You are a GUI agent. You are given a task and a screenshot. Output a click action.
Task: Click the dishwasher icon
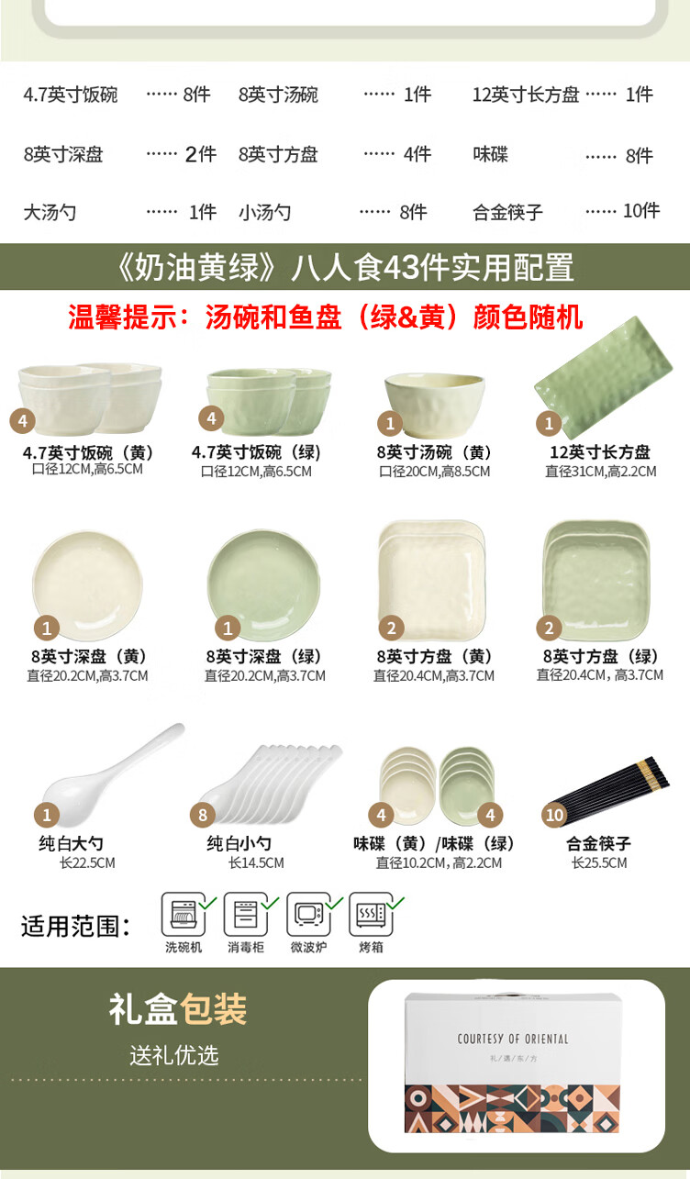(x=183, y=914)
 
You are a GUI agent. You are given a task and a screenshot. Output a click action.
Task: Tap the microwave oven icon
(x=308, y=914)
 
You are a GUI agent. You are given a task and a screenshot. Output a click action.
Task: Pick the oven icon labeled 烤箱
(x=371, y=914)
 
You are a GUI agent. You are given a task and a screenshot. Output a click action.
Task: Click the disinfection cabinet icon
(x=246, y=914)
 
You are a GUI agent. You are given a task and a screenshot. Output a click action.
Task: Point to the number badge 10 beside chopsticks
(x=554, y=815)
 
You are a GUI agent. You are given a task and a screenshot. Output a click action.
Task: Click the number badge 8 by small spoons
(x=203, y=815)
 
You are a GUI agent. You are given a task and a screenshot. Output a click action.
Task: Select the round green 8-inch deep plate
(x=263, y=584)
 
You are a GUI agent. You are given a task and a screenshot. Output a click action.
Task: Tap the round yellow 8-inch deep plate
(x=87, y=584)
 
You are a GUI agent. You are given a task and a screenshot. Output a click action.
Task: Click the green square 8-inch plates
(x=596, y=576)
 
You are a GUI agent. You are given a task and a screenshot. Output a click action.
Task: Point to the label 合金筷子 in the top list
(x=507, y=212)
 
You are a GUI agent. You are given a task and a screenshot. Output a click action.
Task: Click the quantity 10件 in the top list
(x=641, y=211)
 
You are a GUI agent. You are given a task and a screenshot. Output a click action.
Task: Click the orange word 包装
(x=213, y=1009)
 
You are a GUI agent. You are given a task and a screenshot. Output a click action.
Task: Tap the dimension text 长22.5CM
(x=87, y=862)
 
